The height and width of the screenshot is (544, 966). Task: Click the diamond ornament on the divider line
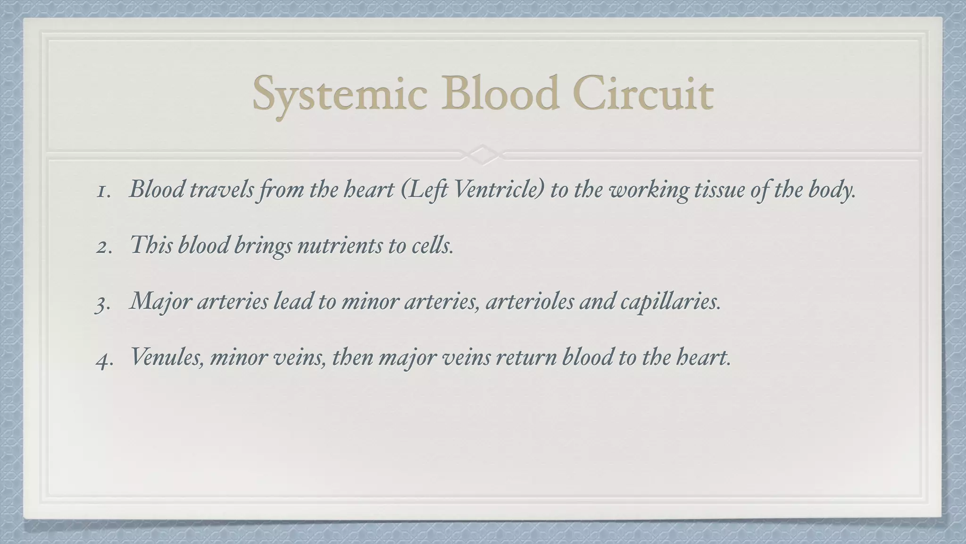[482, 154]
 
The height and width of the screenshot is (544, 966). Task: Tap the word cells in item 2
[431, 246]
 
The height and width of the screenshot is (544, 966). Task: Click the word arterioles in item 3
[529, 301]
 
